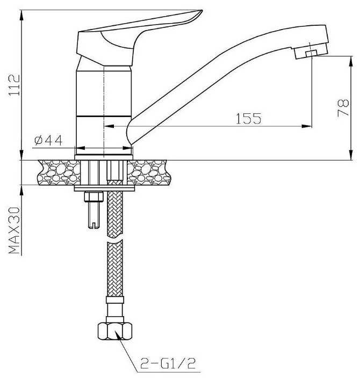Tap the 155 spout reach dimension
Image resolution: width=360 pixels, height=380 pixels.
(x=248, y=119)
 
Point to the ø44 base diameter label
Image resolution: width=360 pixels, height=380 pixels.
(x=48, y=141)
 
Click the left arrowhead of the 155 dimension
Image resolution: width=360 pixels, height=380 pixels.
(x=106, y=126)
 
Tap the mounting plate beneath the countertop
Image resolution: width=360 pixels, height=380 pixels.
(x=102, y=189)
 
